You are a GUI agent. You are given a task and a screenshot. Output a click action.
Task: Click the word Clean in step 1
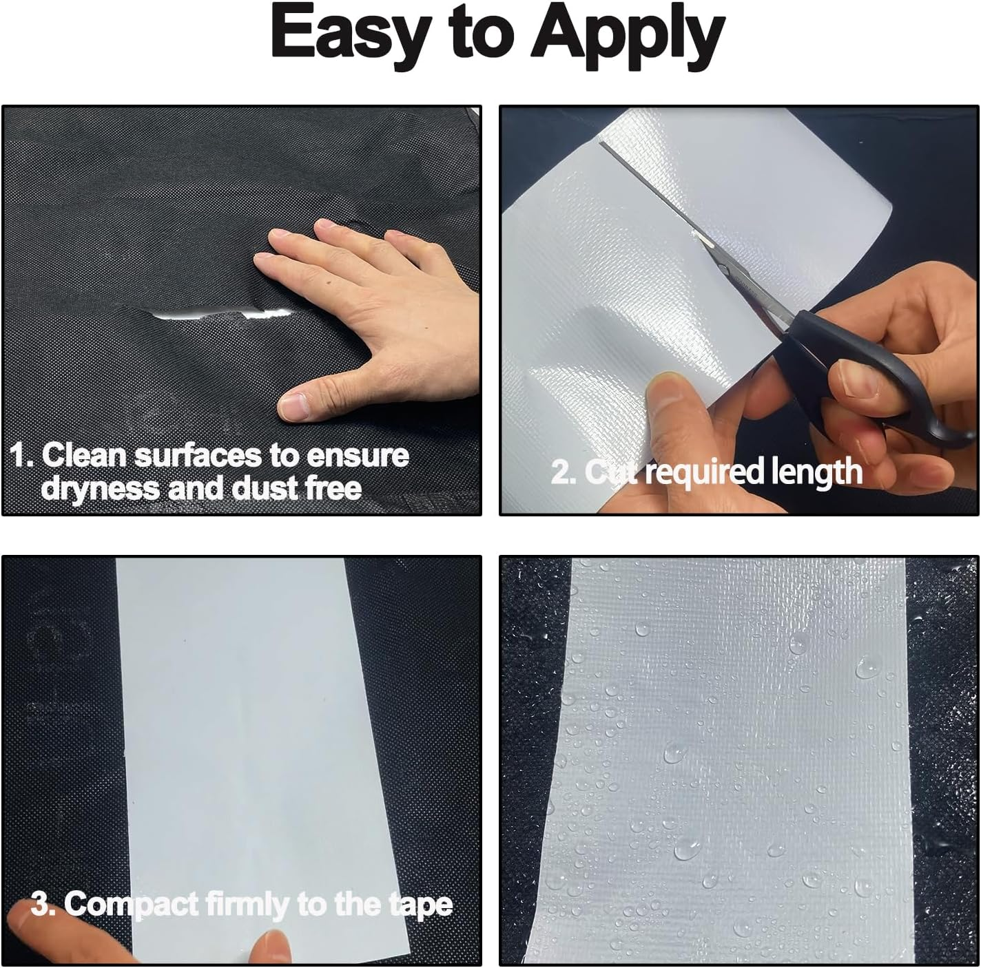pyautogui.click(x=85, y=456)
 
